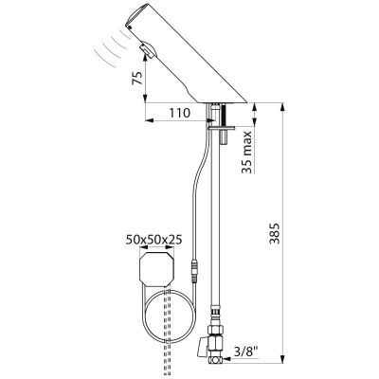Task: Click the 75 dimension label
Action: (136, 78)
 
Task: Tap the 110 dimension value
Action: (180, 113)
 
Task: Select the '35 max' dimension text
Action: (247, 153)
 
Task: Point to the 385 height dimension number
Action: (275, 233)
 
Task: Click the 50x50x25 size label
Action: (154, 240)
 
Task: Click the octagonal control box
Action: (156, 268)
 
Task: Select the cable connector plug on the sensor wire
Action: (194, 270)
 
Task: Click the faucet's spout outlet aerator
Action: (145, 50)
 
